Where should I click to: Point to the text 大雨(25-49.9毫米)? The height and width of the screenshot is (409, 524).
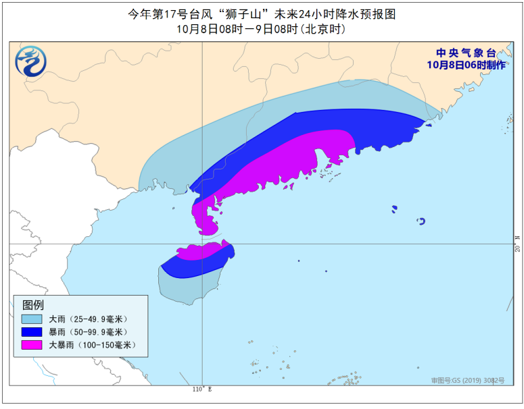click(x=88, y=319)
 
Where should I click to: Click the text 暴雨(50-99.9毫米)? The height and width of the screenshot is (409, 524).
click(x=88, y=331)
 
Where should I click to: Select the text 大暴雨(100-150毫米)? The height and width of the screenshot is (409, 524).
click(x=92, y=345)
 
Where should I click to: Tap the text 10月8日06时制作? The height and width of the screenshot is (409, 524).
click(x=466, y=65)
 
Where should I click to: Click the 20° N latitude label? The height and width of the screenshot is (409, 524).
click(x=517, y=244)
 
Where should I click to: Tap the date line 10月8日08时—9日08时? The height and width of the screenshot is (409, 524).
click(x=261, y=29)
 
